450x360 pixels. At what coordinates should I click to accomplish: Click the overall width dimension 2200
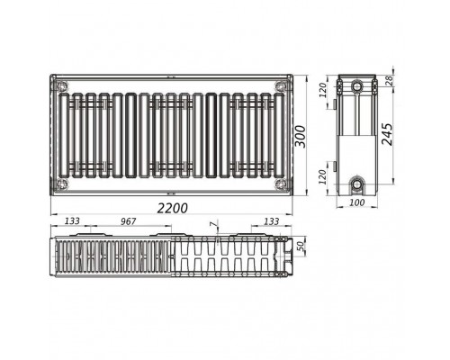[x=173, y=208]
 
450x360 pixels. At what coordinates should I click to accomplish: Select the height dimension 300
[x=301, y=137]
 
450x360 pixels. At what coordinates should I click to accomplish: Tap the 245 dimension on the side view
[x=387, y=134]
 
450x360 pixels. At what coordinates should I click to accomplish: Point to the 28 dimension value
[x=389, y=80]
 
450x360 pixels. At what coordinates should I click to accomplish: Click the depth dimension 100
[x=357, y=202]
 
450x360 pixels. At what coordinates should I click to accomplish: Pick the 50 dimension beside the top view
[x=301, y=246]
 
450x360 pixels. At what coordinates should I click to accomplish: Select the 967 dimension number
[x=129, y=221]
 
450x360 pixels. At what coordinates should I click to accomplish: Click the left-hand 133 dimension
[x=72, y=221]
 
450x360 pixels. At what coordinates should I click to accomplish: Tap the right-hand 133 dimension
[x=271, y=221]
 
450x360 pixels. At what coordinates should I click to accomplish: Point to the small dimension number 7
[x=212, y=224]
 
